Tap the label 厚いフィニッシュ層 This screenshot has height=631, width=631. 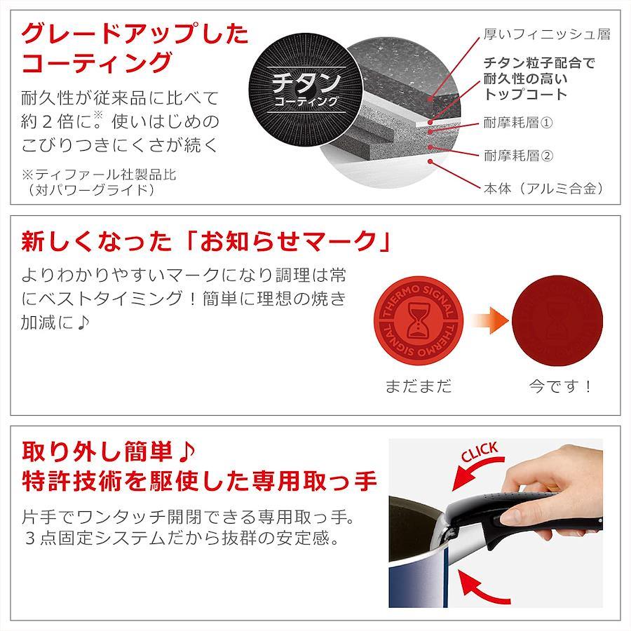547,34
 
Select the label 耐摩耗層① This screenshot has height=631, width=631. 518,122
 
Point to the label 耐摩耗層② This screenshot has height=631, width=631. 518,156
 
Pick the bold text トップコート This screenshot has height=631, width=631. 526,94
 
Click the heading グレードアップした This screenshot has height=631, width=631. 135,34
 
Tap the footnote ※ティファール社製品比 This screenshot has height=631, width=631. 99,175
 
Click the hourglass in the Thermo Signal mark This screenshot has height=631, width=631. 419,320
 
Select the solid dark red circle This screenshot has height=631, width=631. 557,320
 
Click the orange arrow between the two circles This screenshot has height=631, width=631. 490,320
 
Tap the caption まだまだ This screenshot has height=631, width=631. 419,386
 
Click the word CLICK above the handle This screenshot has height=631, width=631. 480,452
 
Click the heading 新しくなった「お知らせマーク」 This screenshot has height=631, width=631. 206,241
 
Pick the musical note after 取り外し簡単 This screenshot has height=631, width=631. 186,452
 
